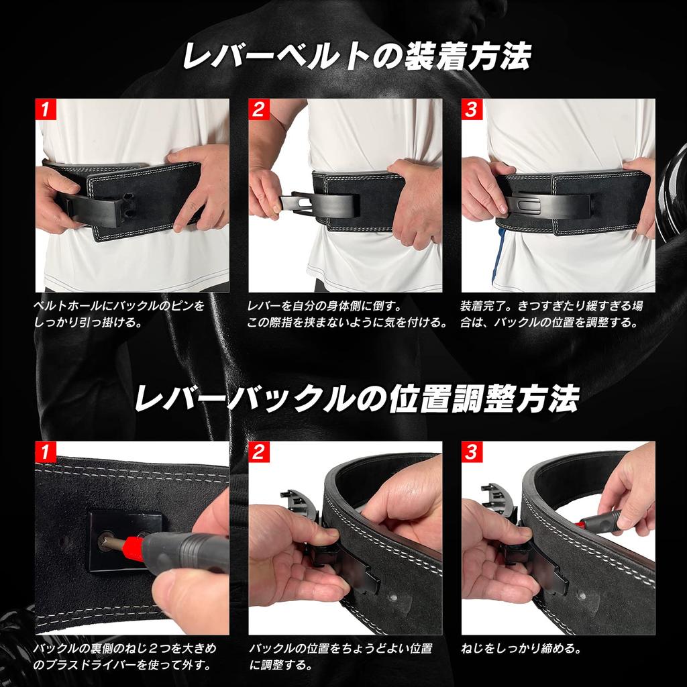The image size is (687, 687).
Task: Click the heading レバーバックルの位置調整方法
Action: point(356,399)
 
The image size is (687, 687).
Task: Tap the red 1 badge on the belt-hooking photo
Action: point(45,109)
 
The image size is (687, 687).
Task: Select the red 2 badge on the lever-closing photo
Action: point(258,109)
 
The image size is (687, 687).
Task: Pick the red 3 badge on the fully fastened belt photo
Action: point(472,109)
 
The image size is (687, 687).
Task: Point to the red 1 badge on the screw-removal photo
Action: point(45,452)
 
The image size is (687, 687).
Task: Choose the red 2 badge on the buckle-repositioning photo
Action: point(258,452)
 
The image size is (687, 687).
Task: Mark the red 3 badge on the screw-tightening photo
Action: point(472,452)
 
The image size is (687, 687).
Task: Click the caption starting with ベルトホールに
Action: point(119,313)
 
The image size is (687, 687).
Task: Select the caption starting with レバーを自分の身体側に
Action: point(347,313)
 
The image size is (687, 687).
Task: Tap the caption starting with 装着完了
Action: point(551,313)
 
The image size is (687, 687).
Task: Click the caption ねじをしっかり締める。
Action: point(521,649)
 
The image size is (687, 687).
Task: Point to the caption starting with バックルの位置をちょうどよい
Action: point(340,657)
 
